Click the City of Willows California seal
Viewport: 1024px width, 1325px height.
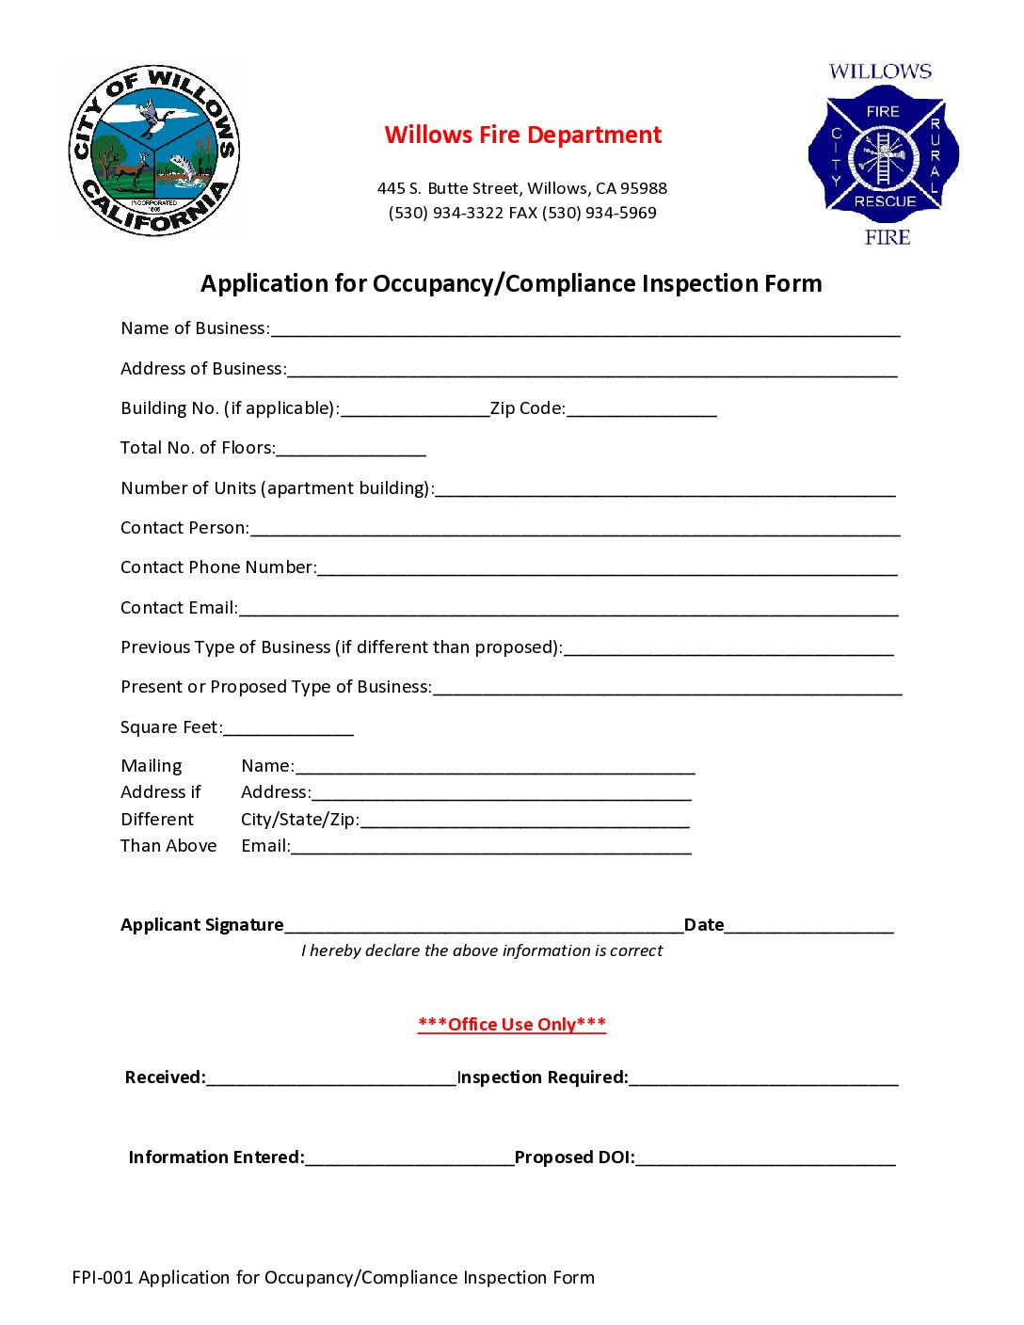coord(154,151)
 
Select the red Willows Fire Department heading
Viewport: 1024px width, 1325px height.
coord(522,136)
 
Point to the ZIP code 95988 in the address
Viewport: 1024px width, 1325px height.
coord(644,188)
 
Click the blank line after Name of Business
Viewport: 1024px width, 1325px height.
coord(584,330)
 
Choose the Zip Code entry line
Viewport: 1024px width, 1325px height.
coord(641,410)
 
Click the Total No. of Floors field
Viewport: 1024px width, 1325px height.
coord(351,450)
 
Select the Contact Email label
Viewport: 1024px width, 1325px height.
coord(179,608)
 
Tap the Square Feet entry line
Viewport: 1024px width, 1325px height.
coord(288,729)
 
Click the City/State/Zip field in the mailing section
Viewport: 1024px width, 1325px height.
coord(524,822)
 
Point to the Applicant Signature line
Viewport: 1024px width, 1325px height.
coord(483,927)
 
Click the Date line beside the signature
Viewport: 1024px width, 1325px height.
coord(808,927)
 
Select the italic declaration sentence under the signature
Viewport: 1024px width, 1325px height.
coord(482,950)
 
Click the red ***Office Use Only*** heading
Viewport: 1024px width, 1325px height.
coord(512,1024)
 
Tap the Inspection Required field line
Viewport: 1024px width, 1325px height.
coord(763,1079)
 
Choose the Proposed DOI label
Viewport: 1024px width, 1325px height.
coord(574,1157)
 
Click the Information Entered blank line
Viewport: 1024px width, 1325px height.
coord(409,1159)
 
